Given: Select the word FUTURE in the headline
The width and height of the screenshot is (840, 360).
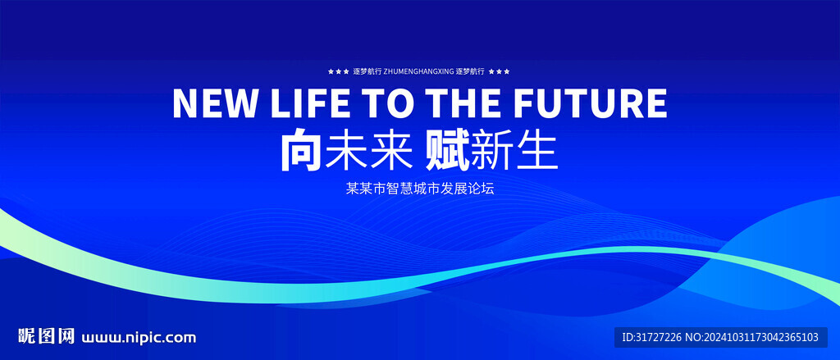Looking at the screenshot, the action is click(x=591, y=103).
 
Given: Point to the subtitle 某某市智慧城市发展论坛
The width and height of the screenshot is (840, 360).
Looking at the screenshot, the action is click(x=419, y=189).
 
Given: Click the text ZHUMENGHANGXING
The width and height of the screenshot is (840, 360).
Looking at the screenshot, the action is click(x=419, y=71).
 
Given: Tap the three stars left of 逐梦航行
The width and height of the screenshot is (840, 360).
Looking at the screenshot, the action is click(x=339, y=71).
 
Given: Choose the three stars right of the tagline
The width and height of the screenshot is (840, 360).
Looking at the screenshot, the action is click(x=500, y=71).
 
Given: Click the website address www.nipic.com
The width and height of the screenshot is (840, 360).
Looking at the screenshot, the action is click(x=139, y=338).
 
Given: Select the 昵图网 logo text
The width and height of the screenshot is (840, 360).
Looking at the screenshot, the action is click(x=47, y=336).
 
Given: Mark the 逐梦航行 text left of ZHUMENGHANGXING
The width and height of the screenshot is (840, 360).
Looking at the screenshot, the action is click(x=367, y=71).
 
